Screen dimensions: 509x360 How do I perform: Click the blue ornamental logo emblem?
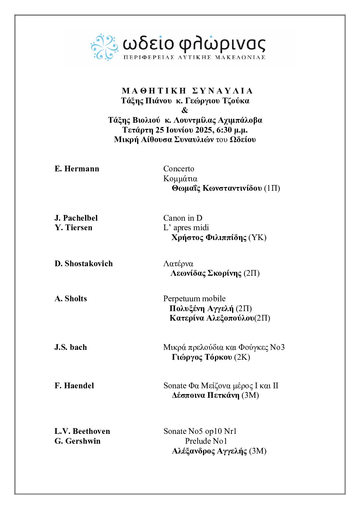tap(104, 47)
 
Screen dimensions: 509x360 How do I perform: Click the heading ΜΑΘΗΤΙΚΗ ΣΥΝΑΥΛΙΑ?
tap(187, 91)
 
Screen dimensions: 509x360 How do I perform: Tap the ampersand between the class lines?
tap(185, 110)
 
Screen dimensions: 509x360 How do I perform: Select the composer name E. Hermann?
tap(77, 169)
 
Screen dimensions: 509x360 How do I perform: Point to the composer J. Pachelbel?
tap(76, 218)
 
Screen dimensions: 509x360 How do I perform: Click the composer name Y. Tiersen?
tap(73, 227)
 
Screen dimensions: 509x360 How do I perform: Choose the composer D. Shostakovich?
tap(83, 264)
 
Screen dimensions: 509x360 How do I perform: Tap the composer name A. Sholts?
tap(70, 299)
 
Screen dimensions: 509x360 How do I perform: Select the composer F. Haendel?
tap(74, 386)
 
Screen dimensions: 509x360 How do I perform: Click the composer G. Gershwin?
tap(77, 441)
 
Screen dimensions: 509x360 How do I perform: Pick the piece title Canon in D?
tap(183, 218)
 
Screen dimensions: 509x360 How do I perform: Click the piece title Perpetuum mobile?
tap(194, 299)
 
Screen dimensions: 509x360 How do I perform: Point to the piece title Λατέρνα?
tap(178, 264)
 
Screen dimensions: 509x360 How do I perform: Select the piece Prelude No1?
tap(206, 441)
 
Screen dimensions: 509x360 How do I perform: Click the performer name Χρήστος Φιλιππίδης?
tap(209, 237)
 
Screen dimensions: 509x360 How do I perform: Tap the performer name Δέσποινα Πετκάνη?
tap(206, 395)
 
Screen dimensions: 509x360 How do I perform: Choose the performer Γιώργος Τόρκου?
tap(202, 357)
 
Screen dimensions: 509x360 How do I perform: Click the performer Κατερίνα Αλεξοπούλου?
tap(212, 318)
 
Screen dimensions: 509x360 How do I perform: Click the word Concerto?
tap(179, 169)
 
